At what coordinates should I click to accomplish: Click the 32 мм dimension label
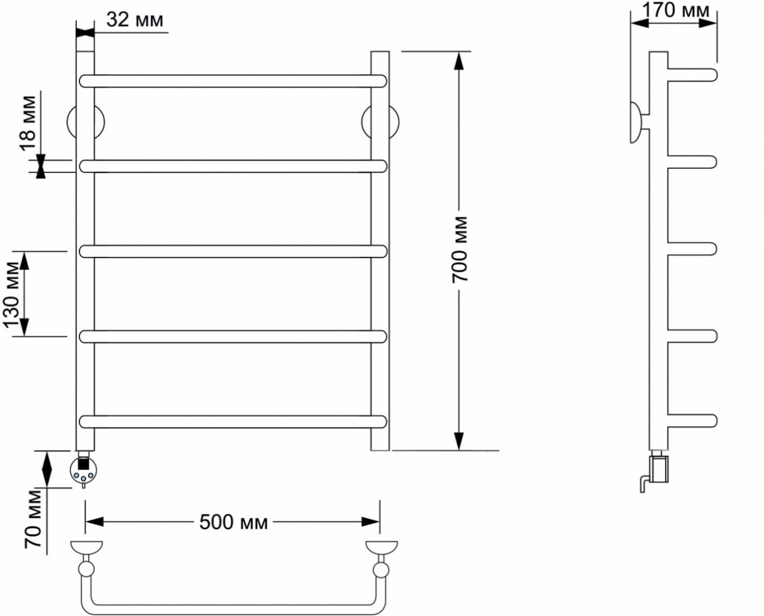(x=135, y=20)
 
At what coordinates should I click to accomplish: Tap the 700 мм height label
(x=460, y=249)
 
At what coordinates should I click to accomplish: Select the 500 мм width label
(x=233, y=522)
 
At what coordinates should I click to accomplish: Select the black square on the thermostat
(x=83, y=464)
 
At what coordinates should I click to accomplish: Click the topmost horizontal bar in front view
(x=233, y=81)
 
